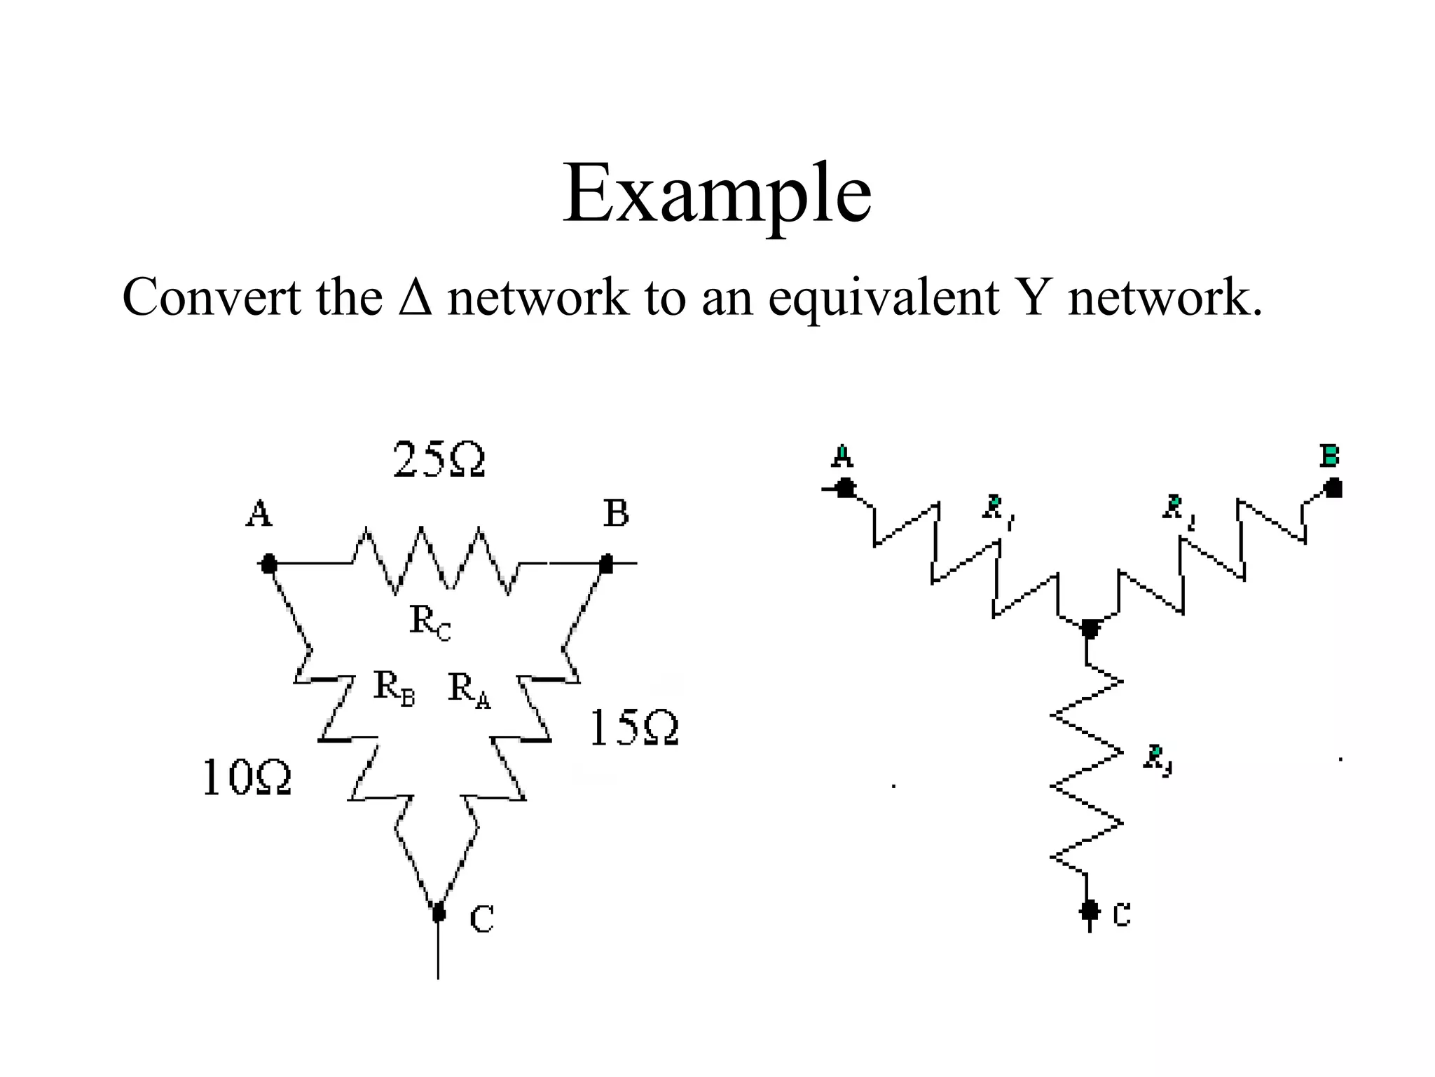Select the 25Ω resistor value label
click(x=439, y=460)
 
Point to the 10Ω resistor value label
click(x=247, y=778)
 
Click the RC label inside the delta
click(x=430, y=622)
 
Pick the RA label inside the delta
click(x=469, y=689)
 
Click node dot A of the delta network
click(x=268, y=563)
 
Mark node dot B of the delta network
click(x=607, y=563)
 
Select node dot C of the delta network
click(x=439, y=912)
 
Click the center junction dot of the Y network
click(x=1089, y=628)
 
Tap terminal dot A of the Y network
click(x=846, y=487)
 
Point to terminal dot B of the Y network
click(x=1333, y=487)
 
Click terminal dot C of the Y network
click(x=1088, y=910)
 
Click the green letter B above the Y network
click(x=1328, y=456)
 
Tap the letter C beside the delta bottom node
click(x=481, y=919)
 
